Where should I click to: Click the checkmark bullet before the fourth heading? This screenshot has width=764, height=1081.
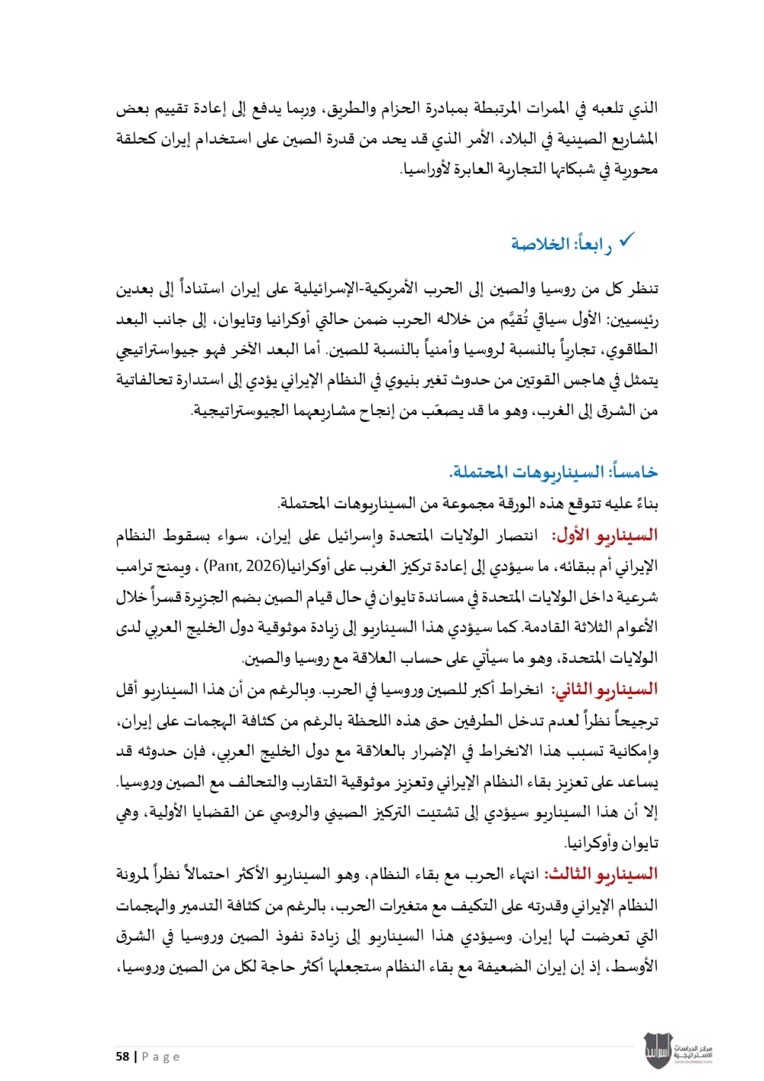pyautogui.click(x=626, y=241)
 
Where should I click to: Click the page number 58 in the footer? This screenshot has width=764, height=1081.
pyautogui.click(x=122, y=1057)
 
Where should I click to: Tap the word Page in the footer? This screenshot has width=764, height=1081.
pyautogui.click(x=161, y=1057)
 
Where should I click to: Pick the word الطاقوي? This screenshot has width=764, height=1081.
pyautogui.click(x=633, y=350)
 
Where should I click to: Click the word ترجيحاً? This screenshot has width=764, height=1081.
pyautogui.click(x=631, y=720)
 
